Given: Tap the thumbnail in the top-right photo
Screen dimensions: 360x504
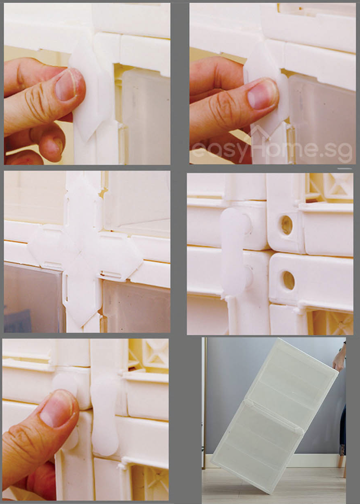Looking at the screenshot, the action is (x=261, y=94).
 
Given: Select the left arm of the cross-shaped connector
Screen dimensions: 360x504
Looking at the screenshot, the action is (x=48, y=250).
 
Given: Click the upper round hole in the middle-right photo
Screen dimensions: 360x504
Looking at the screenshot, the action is (x=287, y=225).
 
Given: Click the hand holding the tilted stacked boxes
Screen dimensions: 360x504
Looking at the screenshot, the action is (x=339, y=359).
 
